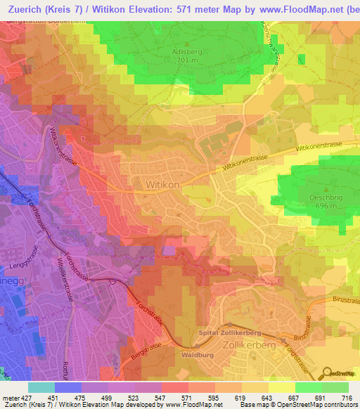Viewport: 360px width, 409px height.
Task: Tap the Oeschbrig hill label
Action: tap(326, 198)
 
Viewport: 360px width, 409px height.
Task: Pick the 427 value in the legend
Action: tap(21, 397)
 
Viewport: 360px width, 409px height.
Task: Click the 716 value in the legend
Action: tap(346, 397)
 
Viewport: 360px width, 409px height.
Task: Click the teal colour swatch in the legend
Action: tap(41, 387)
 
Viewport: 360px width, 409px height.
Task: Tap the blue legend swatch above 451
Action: tap(67, 387)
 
